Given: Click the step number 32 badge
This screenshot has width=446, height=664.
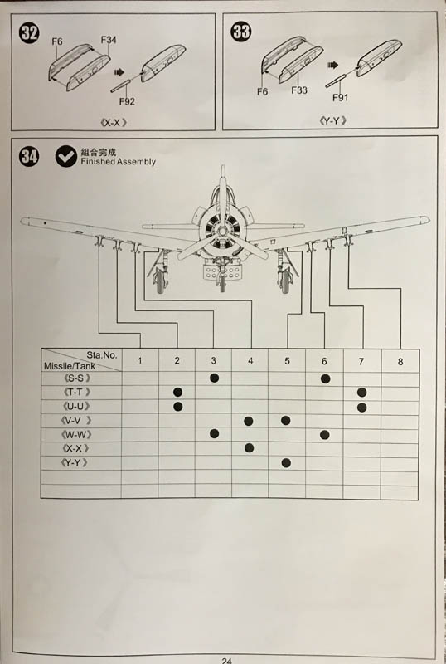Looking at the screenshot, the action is coord(29,32).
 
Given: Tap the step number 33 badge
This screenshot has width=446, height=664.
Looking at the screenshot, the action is coord(240,32).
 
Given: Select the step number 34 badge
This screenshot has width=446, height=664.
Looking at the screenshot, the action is coord(29,156).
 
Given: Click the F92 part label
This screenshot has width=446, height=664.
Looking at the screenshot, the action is coord(127,101).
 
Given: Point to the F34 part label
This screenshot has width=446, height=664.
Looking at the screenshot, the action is coord(109,40).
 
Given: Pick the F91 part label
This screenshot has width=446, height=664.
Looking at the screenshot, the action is coord(340,98).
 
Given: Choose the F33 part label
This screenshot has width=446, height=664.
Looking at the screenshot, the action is coord(299,90).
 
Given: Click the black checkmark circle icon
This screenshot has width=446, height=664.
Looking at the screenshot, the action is coord(66,156).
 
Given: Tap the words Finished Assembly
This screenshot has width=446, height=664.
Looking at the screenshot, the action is coord(118,162).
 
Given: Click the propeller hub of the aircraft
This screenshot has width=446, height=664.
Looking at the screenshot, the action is coord(221,231).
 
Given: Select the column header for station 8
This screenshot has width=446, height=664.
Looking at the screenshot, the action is coord(400,362).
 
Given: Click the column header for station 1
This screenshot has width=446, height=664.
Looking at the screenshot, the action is coord(139,361).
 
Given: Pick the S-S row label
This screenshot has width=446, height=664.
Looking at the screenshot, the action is coord(76,378).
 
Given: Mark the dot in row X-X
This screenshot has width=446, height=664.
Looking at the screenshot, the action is coord(250,448).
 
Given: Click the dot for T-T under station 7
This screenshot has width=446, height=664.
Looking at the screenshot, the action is coord(361,393).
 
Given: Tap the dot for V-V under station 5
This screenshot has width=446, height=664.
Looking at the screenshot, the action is coord(286,421).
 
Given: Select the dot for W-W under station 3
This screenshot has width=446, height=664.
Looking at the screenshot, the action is coord(214,433).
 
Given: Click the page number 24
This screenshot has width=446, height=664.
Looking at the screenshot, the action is coord(226,660).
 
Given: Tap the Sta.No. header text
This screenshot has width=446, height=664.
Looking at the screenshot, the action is coord(102,355).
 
